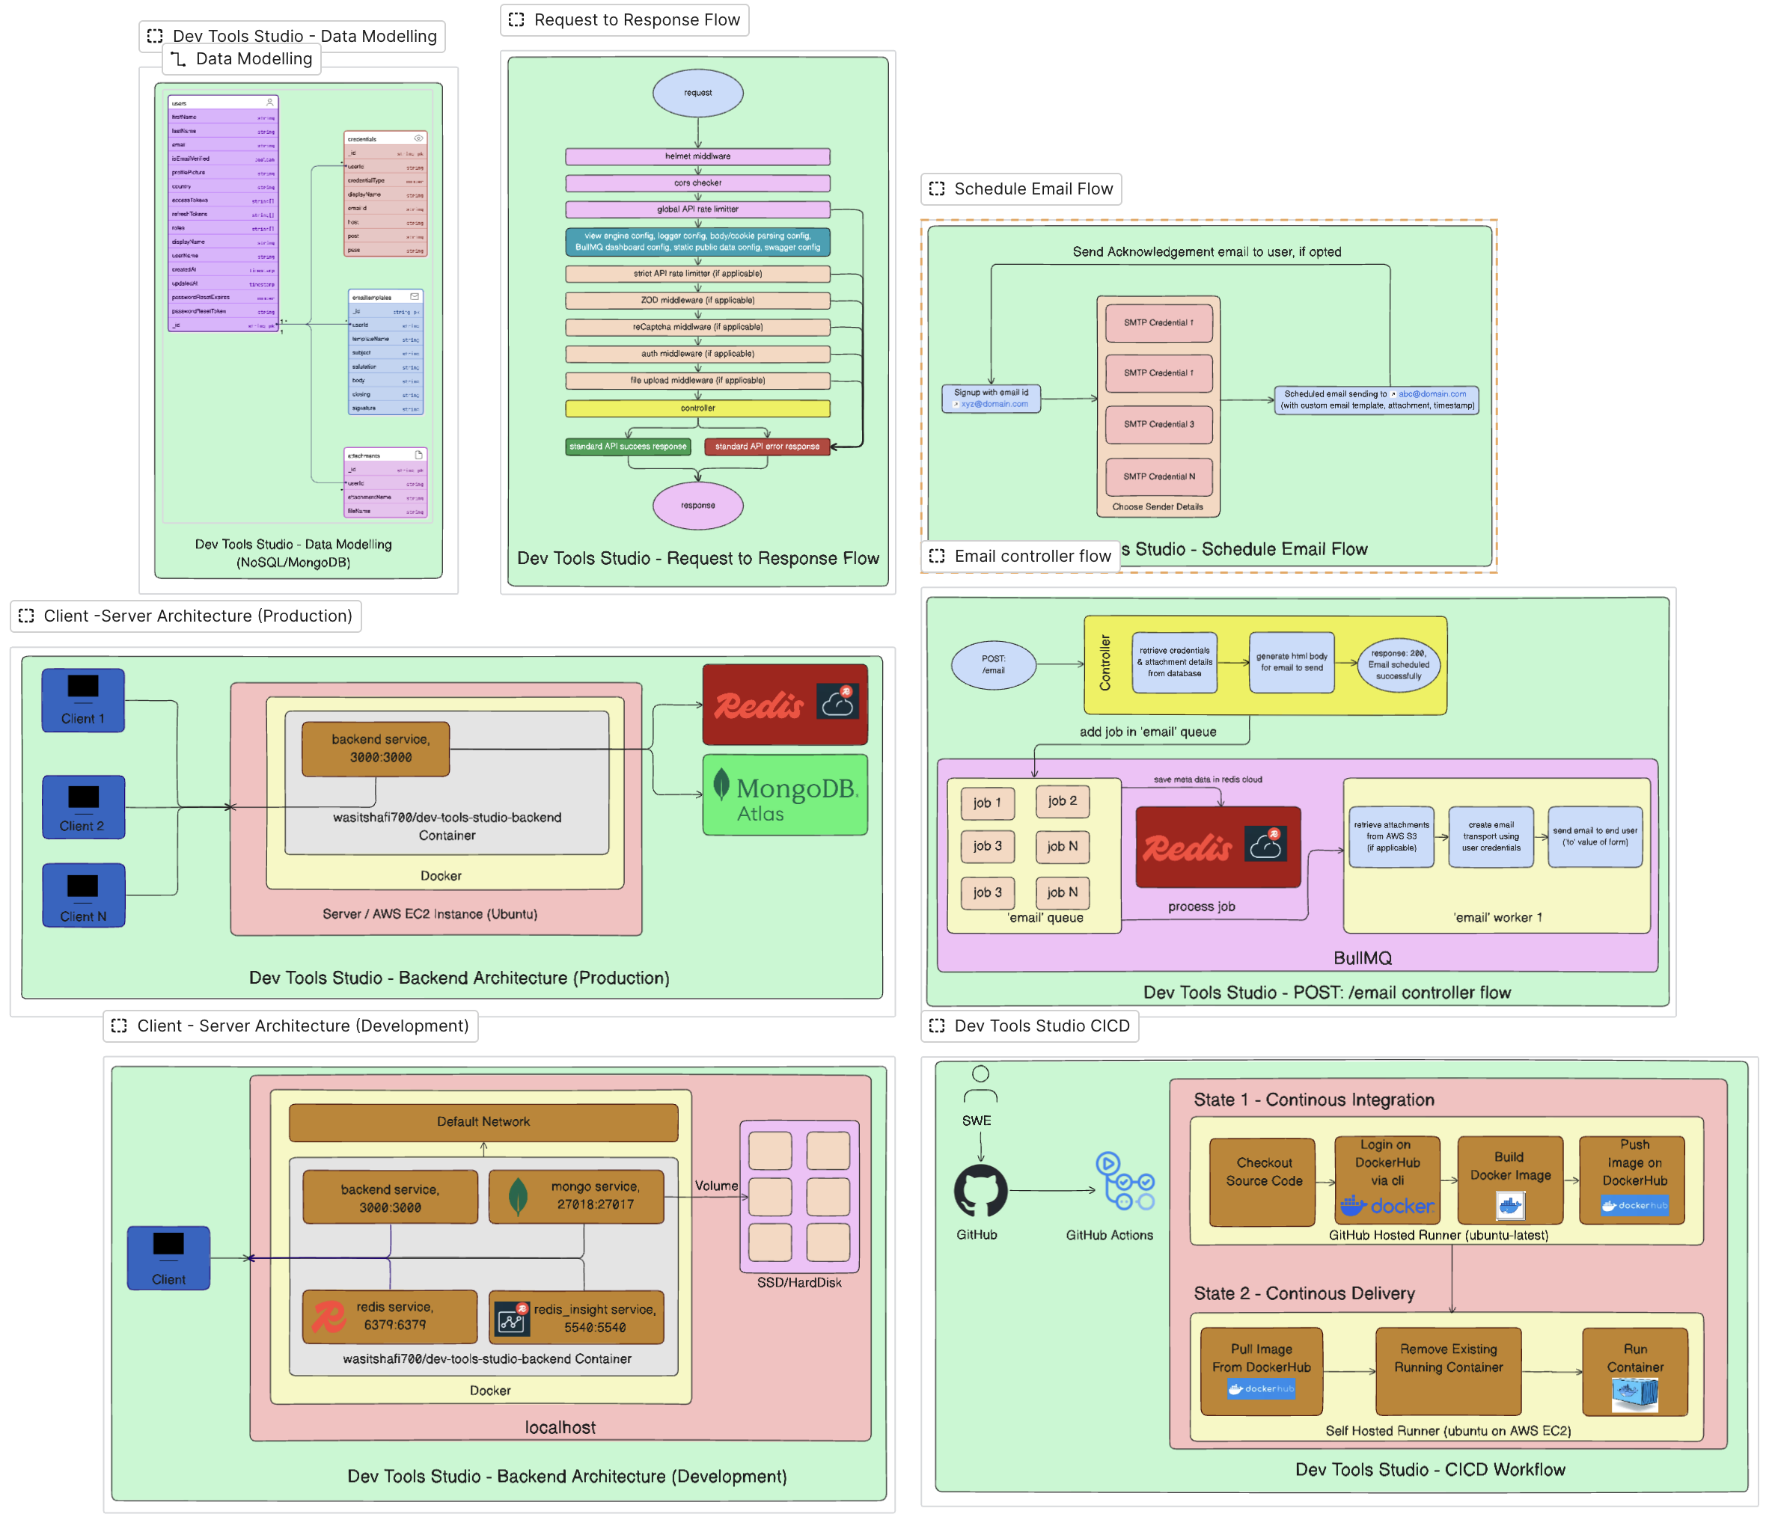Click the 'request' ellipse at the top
pos(697,93)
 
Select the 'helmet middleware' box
pos(697,156)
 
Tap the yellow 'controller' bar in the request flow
pos(697,408)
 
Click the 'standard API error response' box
pos(767,447)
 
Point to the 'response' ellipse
pos(697,505)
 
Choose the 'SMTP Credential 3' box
pos(1158,424)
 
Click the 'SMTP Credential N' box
pos(1158,476)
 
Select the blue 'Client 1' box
pos(83,700)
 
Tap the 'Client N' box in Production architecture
pos(83,895)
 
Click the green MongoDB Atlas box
pos(785,794)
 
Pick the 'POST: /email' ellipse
pos(993,665)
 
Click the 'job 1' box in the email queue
pos(987,803)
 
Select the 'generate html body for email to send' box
pos(1291,662)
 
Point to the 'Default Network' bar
pos(483,1122)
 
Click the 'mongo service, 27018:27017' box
pos(576,1195)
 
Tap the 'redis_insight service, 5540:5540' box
pos(576,1317)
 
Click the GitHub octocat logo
pos(980,1191)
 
